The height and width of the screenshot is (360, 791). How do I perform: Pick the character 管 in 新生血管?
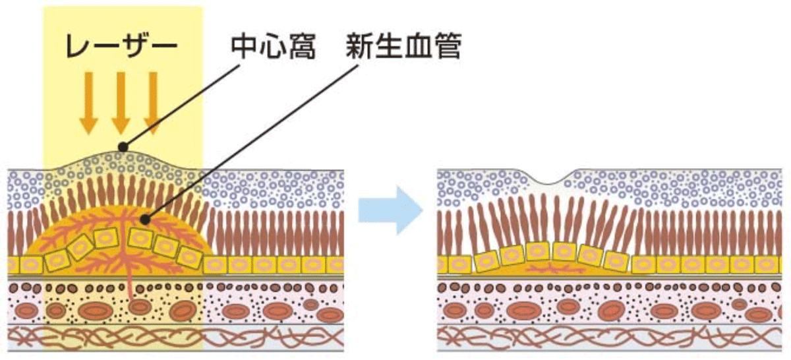pos(448,47)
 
